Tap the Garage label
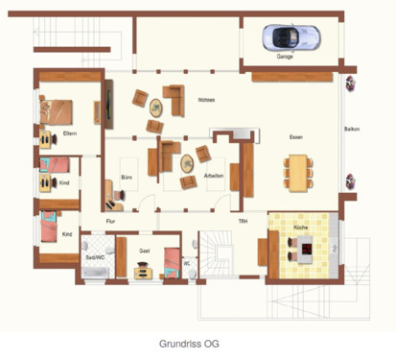(285, 57)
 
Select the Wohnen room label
(205, 101)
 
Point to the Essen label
(296, 138)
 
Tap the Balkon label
(351, 130)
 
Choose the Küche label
(300, 227)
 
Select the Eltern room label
(69, 132)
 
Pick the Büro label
(127, 178)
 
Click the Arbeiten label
(214, 177)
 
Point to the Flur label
(110, 222)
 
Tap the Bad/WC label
(95, 257)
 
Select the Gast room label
(144, 251)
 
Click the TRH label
(243, 222)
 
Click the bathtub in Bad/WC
(95, 273)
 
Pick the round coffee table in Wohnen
(154, 107)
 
